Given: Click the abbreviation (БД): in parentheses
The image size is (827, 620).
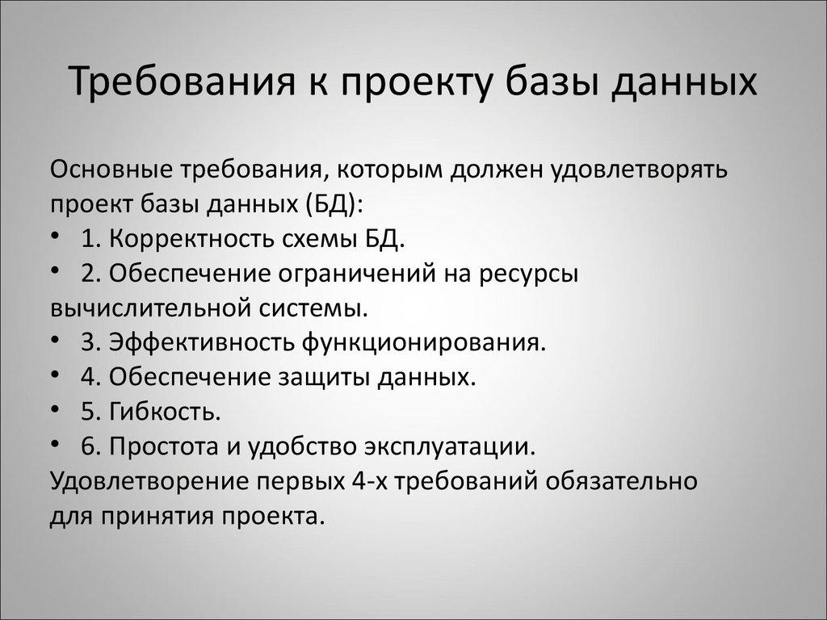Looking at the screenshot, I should pos(335,205).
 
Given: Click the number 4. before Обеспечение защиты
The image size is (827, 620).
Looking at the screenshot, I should pos(90,377).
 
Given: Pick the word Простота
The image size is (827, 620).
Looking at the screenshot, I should pos(165,446).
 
